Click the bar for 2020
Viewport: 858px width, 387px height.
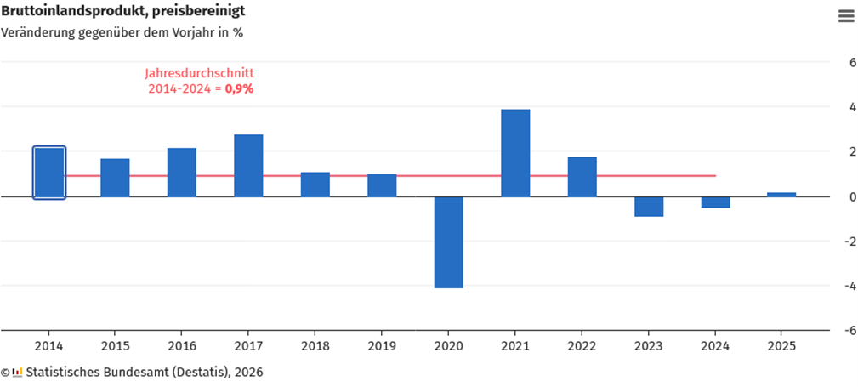pyautogui.click(x=448, y=242)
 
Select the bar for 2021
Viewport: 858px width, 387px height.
pyautogui.click(x=515, y=153)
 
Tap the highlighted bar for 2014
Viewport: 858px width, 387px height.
pyautogui.click(x=49, y=173)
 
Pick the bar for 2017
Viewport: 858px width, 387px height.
pyautogui.click(x=248, y=166)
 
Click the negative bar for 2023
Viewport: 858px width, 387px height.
pyautogui.click(x=649, y=207)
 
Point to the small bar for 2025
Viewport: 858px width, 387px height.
pyautogui.click(x=781, y=195)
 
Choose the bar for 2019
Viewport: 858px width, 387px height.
pyautogui.click(x=382, y=185)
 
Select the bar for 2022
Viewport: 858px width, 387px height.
pyautogui.click(x=582, y=177)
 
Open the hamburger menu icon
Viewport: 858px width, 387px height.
pyautogui.click(x=845, y=16)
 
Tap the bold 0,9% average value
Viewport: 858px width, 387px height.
pyautogui.click(x=239, y=88)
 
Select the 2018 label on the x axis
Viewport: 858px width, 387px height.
pyautogui.click(x=315, y=347)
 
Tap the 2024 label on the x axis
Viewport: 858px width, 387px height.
pyautogui.click(x=714, y=347)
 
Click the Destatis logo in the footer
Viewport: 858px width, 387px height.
pyautogui.click(x=17, y=373)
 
